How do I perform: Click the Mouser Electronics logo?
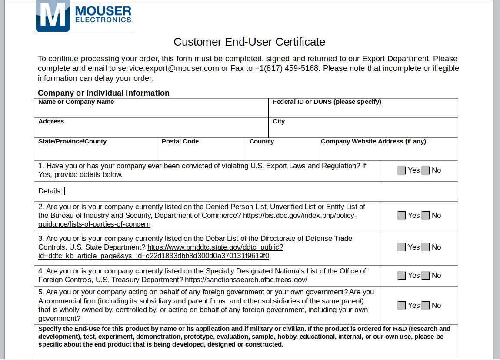(x=85, y=17)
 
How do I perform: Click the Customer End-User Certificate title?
(x=249, y=42)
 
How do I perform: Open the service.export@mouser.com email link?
(x=168, y=68)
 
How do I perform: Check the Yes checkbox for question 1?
(x=402, y=170)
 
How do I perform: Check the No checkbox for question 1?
(x=426, y=170)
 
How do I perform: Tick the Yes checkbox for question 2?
(x=402, y=215)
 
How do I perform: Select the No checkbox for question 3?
(x=426, y=247)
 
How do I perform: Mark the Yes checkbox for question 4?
(x=402, y=275)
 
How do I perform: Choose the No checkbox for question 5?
(x=426, y=305)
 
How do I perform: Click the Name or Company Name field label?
(x=76, y=102)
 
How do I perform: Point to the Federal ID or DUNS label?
(x=327, y=102)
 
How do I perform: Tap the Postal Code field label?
(x=180, y=141)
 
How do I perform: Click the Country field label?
(x=262, y=141)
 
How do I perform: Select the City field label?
(x=279, y=121)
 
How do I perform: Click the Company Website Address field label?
(x=373, y=141)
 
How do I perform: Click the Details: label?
(x=50, y=191)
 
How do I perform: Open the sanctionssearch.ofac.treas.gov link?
(x=246, y=280)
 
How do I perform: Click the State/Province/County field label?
(x=72, y=141)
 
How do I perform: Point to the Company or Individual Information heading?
(x=103, y=93)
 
